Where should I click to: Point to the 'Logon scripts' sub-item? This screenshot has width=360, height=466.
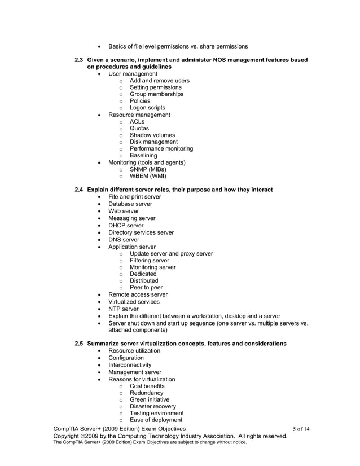[147, 108]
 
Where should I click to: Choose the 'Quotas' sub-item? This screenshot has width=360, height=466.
[139, 129]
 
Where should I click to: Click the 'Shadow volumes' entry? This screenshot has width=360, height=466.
[152, 135]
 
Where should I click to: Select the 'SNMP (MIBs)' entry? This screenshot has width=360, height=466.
[148, 169]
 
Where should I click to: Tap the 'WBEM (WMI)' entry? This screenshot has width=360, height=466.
[148, 176]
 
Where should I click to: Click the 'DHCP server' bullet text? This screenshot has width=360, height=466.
[126, 225]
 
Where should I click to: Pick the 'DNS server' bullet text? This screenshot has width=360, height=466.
[124, 239]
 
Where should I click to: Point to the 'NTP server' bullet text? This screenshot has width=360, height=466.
[124, 309]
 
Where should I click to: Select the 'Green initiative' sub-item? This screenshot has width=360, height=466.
[149, 399]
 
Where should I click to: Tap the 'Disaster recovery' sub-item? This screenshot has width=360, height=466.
[152, 406]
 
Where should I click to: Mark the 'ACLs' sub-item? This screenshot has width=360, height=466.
[137, 122]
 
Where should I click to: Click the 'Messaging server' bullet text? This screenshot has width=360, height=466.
[131, 218]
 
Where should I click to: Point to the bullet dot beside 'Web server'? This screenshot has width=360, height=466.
[100, 212]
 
